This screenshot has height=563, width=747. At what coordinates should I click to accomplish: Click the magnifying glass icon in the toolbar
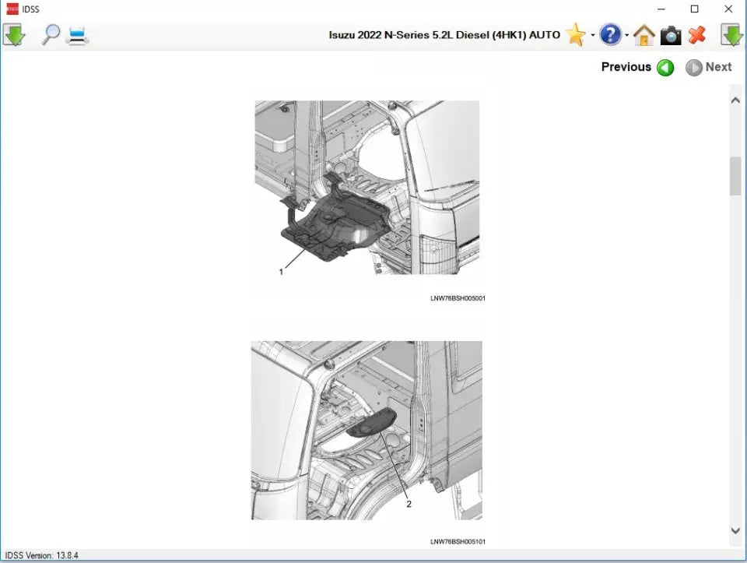(x=51, y=34)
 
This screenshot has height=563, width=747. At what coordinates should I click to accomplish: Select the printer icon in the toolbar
(x=78, y=35)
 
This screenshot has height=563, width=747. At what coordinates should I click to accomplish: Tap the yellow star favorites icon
(x=576, y=35)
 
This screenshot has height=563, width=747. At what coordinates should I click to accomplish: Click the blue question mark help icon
(x=611, y=35)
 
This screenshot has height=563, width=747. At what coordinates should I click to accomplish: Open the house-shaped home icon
(x=644, y=35)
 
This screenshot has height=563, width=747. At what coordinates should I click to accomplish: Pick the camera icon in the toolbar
(x=670, y=35)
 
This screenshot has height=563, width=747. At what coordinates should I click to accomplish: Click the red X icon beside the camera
(x=697, y=35)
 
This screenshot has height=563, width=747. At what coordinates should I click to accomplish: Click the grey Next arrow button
(x=694, y=68)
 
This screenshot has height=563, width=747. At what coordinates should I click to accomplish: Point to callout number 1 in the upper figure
(x=281, y=272)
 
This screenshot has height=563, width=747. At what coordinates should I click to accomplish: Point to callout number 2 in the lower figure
(x=409, y=504)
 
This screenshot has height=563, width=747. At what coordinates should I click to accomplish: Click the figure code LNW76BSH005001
(x=458, y=298)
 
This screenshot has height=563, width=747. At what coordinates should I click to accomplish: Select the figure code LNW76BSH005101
(x=458, y=541)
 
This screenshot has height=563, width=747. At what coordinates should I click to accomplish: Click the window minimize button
(x=661, y=9)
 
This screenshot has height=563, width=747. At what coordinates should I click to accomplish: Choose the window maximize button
(x=695, y=9)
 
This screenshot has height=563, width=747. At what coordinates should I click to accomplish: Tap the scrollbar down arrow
(x=735, y=530)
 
